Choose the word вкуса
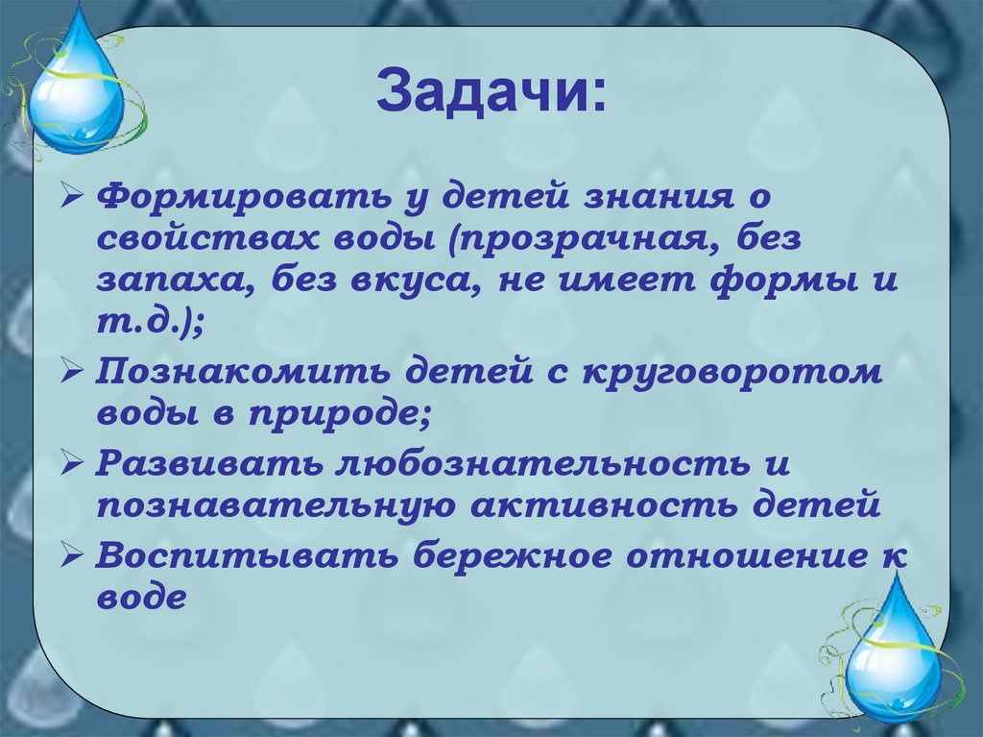[454, 283]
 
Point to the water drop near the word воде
[893, 645]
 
